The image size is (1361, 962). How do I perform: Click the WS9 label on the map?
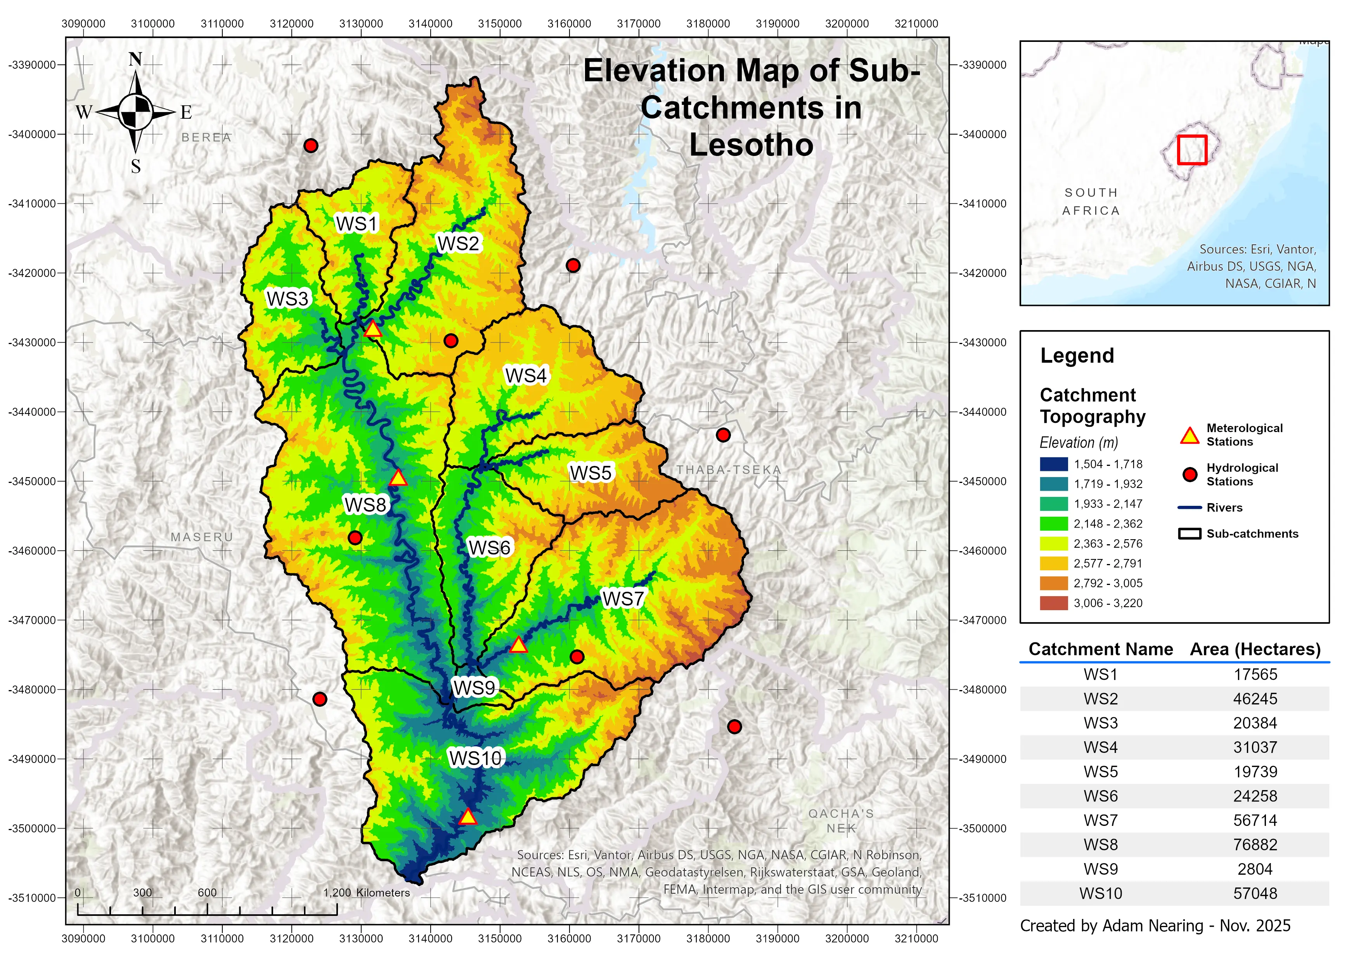474,688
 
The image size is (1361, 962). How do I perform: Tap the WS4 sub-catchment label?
525,375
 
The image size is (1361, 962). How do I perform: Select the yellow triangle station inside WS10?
468,817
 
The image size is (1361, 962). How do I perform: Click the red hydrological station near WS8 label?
355,538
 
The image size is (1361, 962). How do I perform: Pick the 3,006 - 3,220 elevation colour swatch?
1053,603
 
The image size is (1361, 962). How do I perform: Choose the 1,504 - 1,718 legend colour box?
1053,464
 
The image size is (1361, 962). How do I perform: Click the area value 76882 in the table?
1255,844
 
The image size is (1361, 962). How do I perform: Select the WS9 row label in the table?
1100,869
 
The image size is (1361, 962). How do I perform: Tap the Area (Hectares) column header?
1255,649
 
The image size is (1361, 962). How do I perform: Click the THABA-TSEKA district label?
729,470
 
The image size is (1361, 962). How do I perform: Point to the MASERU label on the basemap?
201,537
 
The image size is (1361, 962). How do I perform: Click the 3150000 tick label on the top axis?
500,24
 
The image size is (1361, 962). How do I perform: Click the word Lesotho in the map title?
751,145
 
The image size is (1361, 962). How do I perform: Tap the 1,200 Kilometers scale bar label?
366,893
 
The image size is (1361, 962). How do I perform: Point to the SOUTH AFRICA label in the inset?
1091,202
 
